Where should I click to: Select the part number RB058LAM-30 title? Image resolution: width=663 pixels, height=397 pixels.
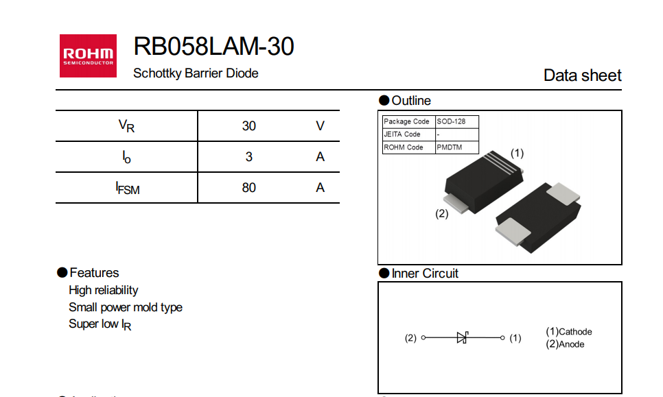click(x=213, y=46)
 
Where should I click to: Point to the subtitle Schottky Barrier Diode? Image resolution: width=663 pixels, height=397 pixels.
click(x=196, y=73)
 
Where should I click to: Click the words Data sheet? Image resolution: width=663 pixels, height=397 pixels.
click(x=582, y=75)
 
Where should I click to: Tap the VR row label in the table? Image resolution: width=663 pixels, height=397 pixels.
click(x=126, y=126)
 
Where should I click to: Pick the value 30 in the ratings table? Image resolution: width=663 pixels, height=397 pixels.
click(x=248, y=126)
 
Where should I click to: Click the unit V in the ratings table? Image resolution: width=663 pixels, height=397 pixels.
click(x=320, y=126)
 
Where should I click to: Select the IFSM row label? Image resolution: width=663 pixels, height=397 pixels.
click(x=128, y=188)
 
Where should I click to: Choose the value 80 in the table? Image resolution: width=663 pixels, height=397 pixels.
click(x=248, y=187)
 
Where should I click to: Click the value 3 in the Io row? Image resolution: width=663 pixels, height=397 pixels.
click(x=248, y=157)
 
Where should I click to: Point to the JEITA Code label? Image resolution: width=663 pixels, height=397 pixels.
click(x=402, y=134)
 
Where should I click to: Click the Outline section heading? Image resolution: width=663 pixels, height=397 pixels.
click(x=410, y=101)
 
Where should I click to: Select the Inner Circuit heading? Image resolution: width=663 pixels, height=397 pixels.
click(x=424, y=274)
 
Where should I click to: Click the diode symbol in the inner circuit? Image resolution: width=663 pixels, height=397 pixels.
click(x=463, y=337)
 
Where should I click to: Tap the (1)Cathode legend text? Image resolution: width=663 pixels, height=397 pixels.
click(x=568, y=332)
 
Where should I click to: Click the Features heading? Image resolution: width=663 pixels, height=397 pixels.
click(x=94, y=273)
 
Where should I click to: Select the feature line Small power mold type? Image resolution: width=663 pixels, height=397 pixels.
click(x=126, y=307)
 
